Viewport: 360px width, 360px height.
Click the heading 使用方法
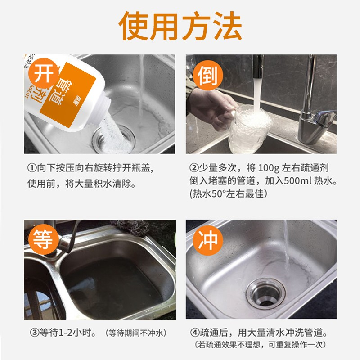pos(180,26)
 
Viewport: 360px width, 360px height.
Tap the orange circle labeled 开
pos(43,73)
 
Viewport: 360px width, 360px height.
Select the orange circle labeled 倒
pos(208,75)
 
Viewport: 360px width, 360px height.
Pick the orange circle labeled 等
pos(43,239)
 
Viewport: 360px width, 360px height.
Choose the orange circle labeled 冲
pos(208,240)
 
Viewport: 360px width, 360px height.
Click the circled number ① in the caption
pos(31,168)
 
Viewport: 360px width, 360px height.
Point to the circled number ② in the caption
pos(194,168)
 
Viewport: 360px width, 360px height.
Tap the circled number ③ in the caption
pos(35,333)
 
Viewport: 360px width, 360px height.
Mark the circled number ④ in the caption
pos(195,332)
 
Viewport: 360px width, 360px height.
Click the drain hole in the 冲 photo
pos(265,294)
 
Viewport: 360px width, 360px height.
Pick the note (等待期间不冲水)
pos(136,333)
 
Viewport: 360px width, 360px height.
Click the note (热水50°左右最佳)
pos(229,194)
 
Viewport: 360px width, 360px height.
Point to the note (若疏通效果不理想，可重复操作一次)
pos(261,345)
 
